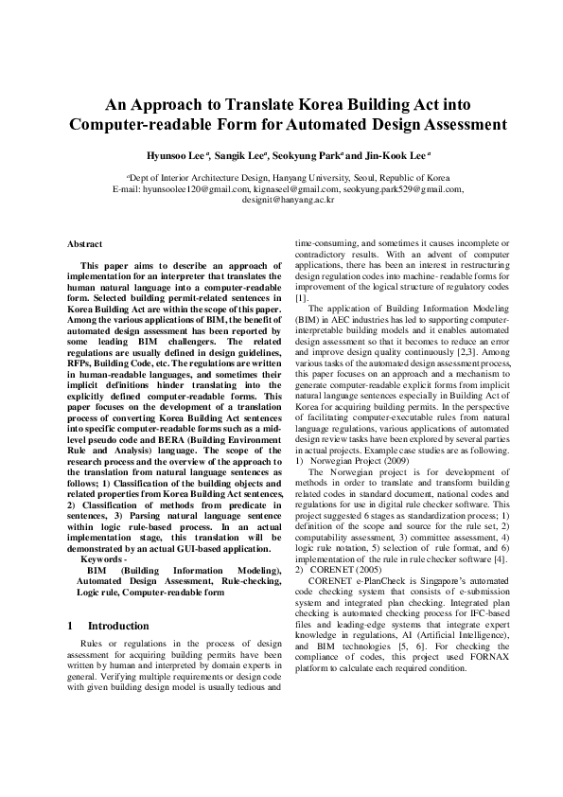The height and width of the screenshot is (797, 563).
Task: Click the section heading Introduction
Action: (117, 626)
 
